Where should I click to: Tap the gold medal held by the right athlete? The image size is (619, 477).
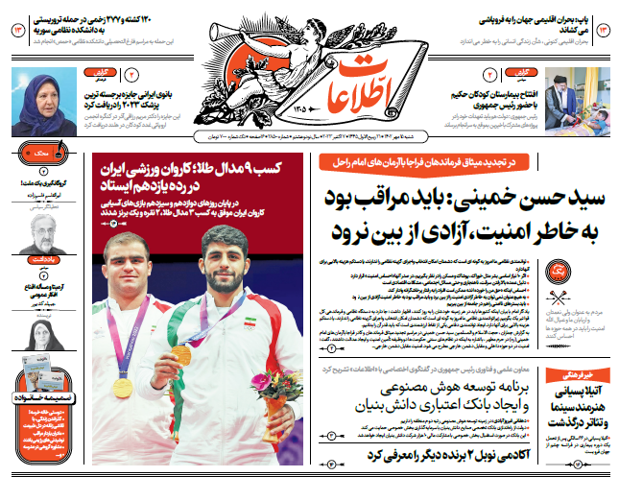[182, 354]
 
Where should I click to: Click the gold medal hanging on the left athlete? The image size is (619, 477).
[123, 387]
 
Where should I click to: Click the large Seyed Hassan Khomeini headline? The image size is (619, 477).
[470, 217]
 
